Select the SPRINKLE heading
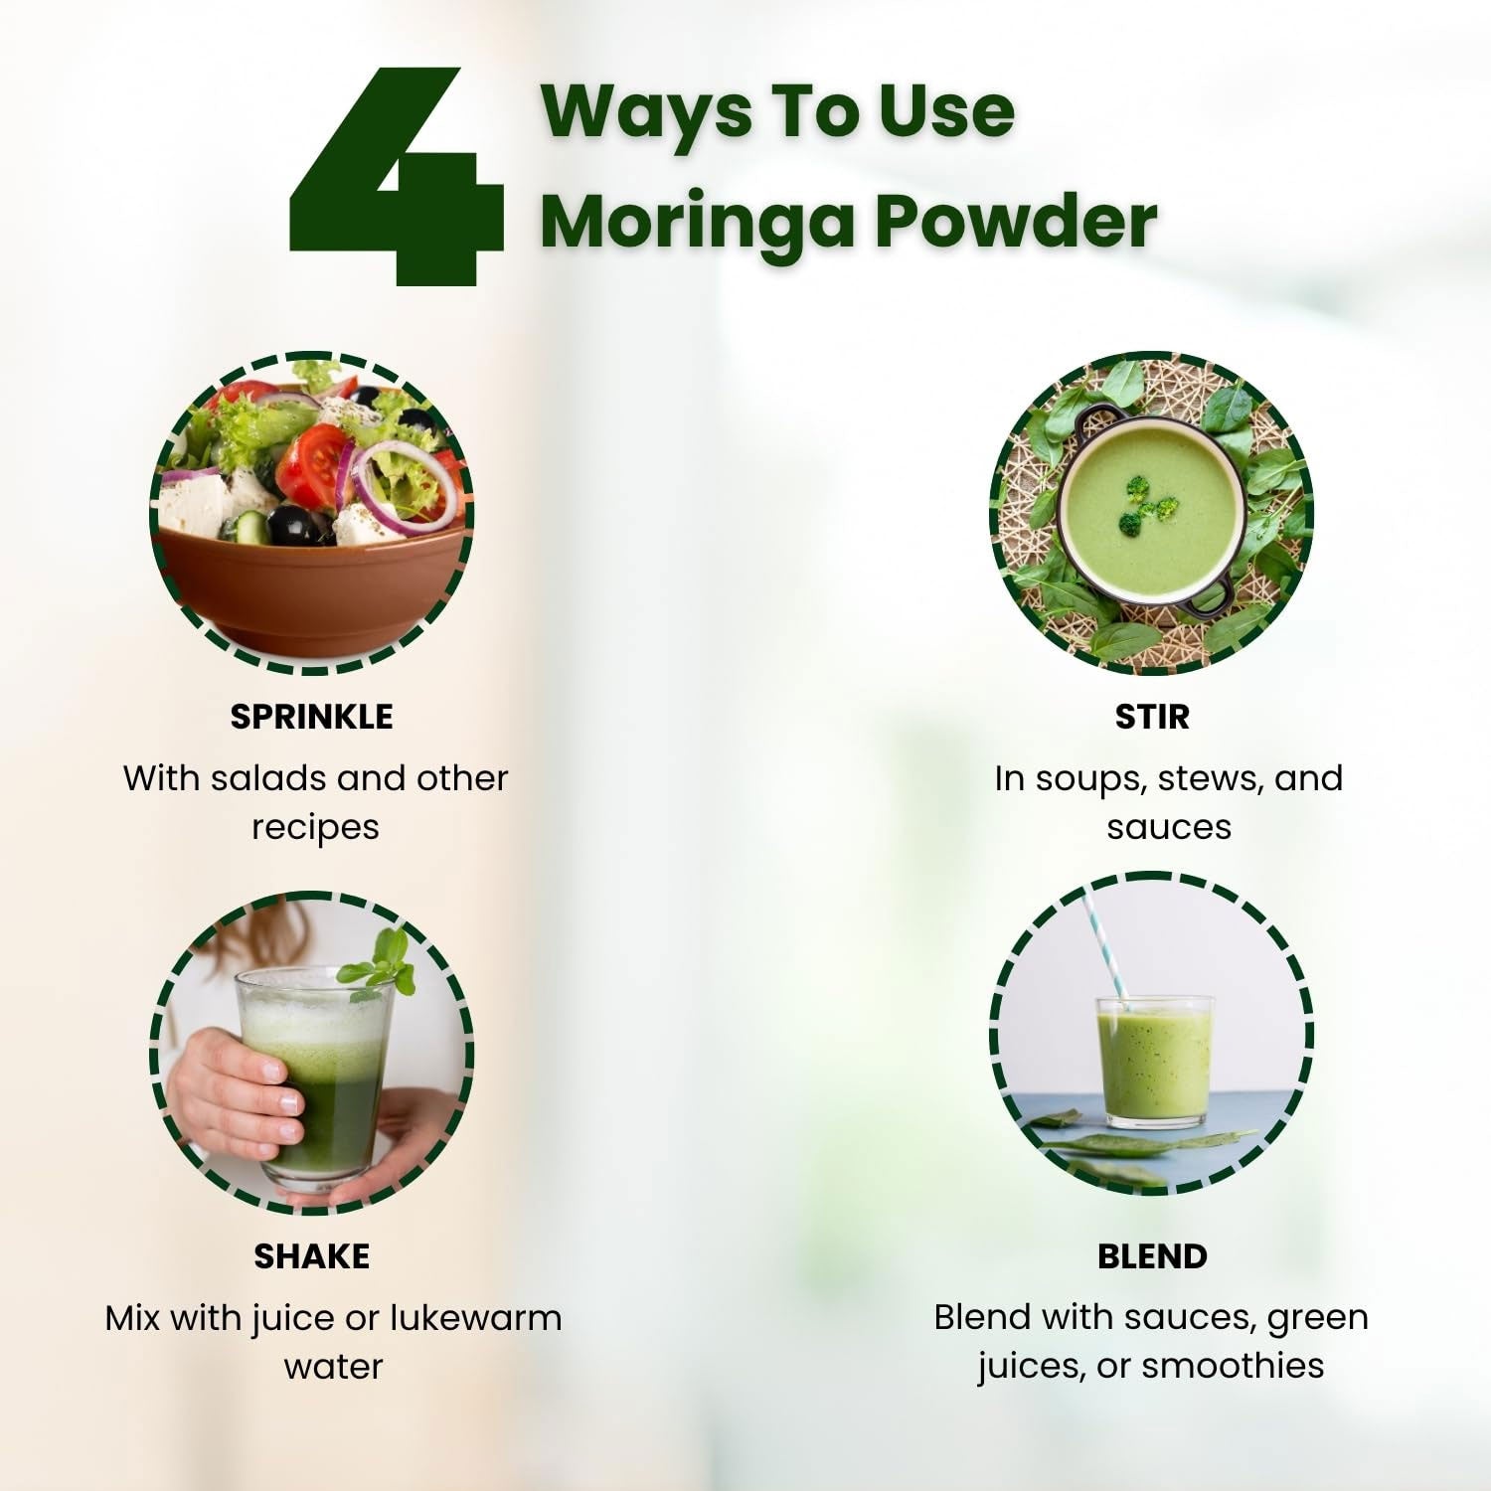point(311,717)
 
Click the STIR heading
point(1152,717)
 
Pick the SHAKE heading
point(311,1256)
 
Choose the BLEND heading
point(1152,1256)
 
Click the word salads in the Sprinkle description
point(267,777)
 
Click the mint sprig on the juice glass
point(380,962)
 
